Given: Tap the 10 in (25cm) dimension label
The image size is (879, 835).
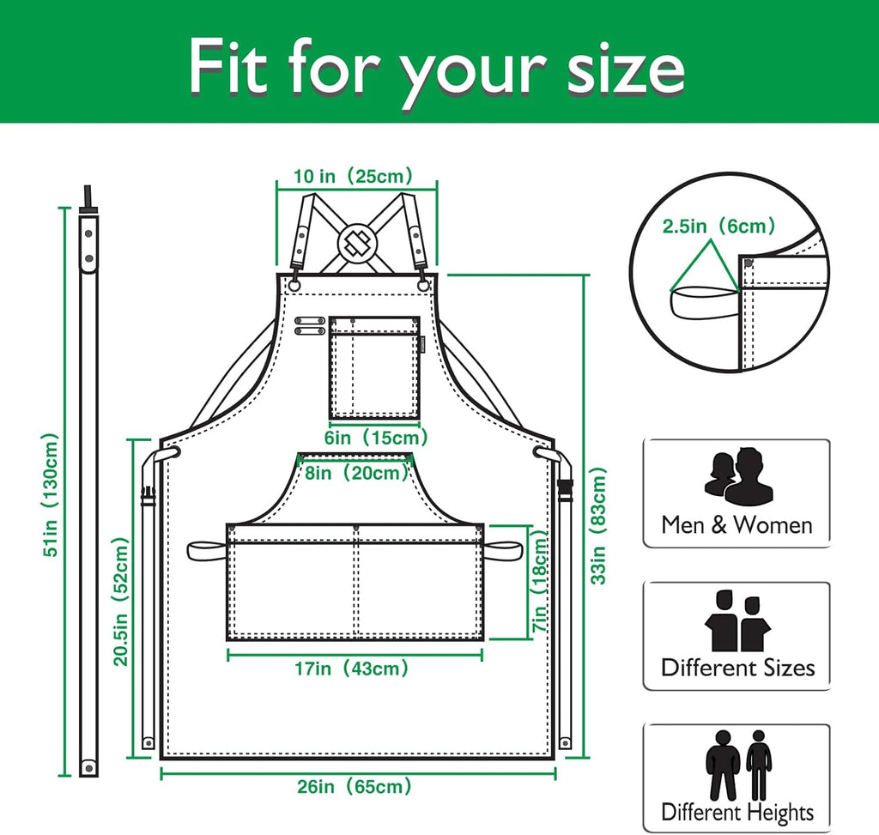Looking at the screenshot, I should tap(354, 177).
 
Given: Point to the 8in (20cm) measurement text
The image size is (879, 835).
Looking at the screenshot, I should tap(356, 472).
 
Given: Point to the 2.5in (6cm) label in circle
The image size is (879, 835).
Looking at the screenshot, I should tap(718, 227).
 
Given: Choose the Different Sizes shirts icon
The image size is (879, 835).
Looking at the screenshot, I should tap(737, 620).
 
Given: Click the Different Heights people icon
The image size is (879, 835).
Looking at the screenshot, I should tap(737, 765).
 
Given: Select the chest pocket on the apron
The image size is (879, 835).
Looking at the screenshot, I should tap(375, 366).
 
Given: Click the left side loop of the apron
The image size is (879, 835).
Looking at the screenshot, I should tap(206, 547).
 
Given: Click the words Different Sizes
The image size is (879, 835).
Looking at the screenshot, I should tap(737, 668).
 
